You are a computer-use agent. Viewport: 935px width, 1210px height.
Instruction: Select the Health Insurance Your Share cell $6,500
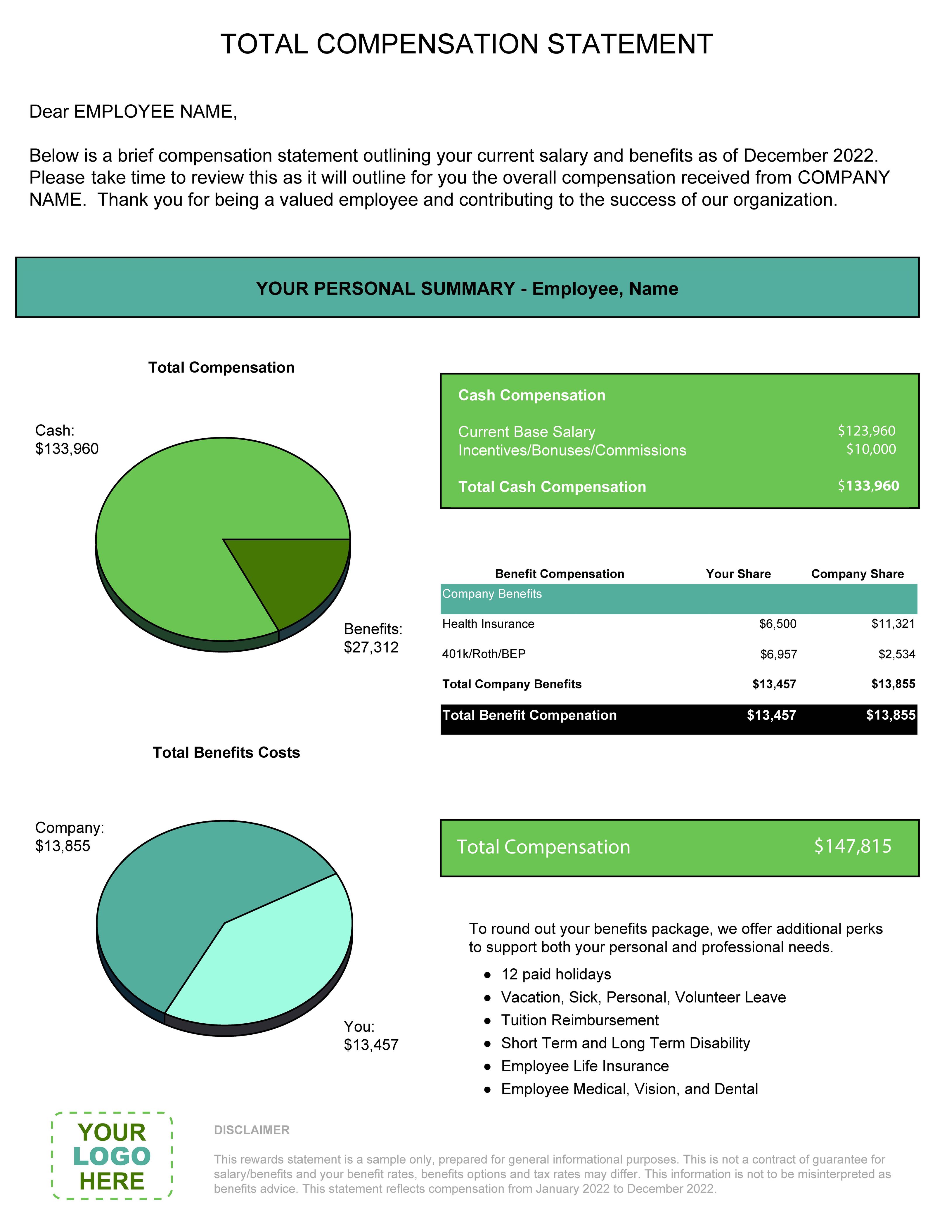tap(778, 624)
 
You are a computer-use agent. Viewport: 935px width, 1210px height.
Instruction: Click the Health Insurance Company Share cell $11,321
tap(893, 624)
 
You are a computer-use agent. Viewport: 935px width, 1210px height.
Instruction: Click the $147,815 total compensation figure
tap(853, 846)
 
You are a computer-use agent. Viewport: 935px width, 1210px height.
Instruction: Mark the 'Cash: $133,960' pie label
tap(66, 439)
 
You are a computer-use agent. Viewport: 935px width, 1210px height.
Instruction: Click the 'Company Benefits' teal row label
tap(492, 594)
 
